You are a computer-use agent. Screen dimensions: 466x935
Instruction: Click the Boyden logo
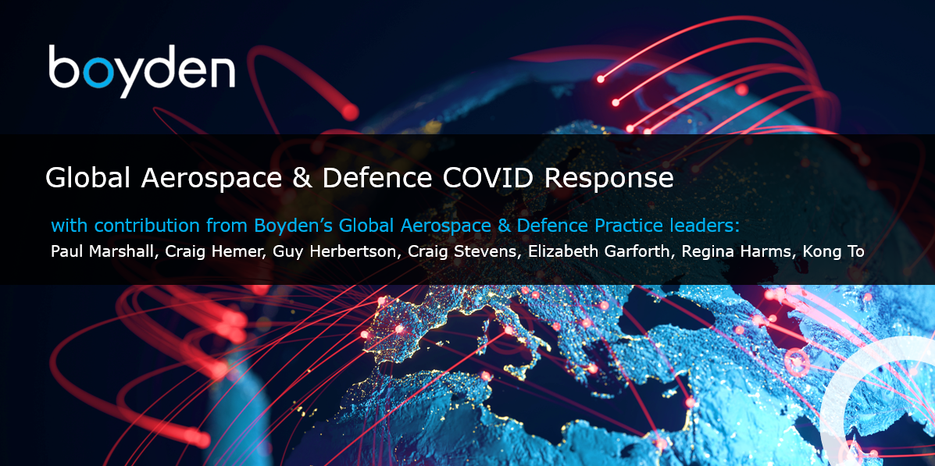pyautogui.click(x=141, y=70)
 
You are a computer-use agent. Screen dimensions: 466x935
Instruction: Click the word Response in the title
pyautogui.click(x=608, y=179)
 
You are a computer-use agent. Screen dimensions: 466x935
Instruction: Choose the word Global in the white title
pyautogui.click(x=87, y=178)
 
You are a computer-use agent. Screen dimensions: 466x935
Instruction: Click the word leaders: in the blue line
pyautogui.click(x=704, y=226)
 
